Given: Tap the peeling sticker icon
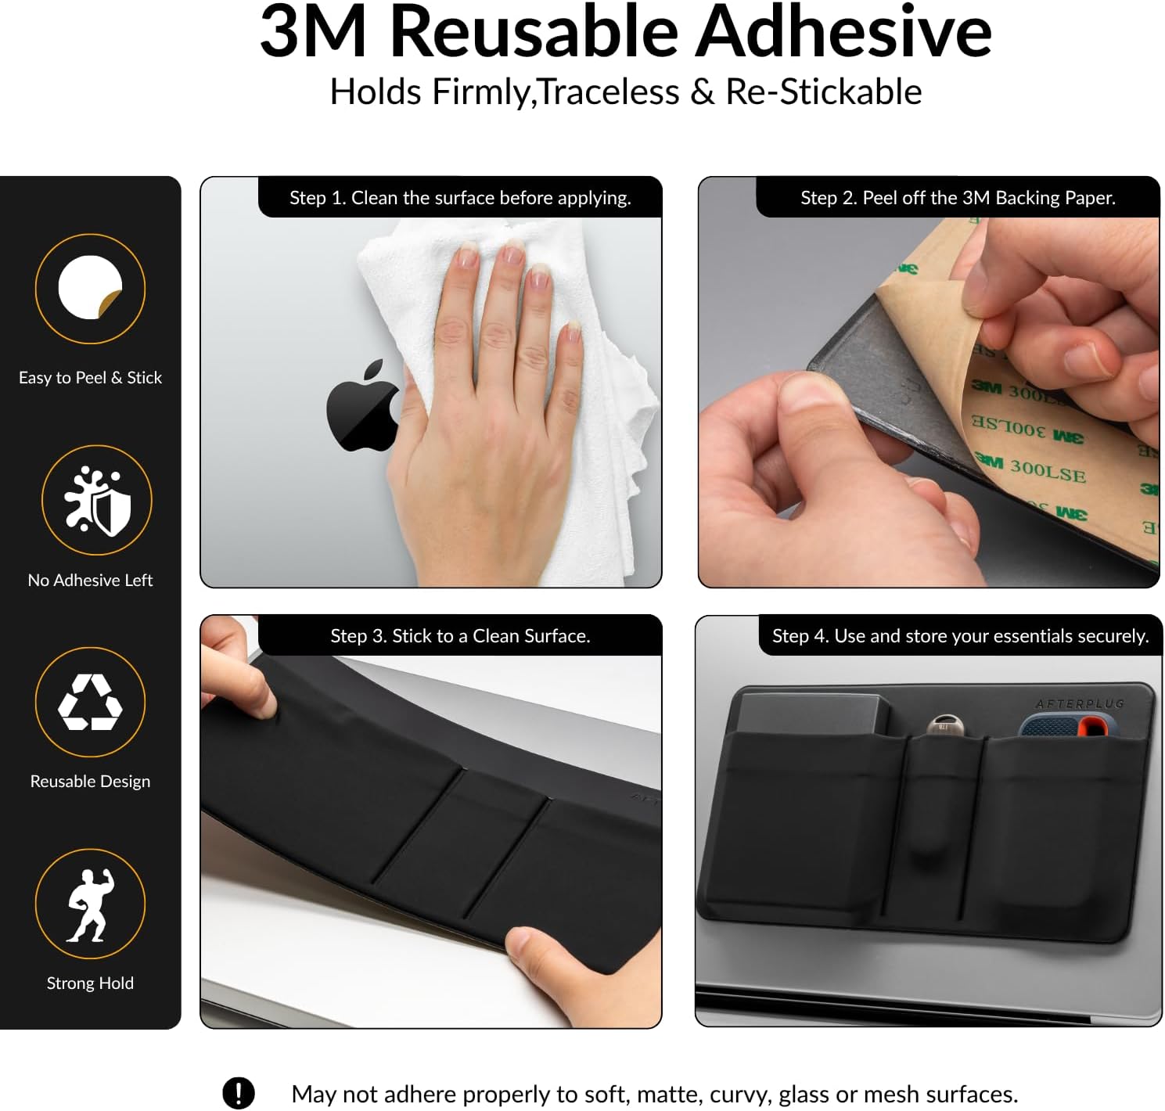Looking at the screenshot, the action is coord(90,287).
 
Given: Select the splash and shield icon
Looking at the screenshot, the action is coord(96,501).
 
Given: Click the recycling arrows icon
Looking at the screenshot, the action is coord(90,702).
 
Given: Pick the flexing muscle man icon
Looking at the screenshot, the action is coord(90,904).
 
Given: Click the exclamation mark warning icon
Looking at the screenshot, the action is coord(238,1093).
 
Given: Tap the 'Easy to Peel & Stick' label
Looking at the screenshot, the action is coord(90,378).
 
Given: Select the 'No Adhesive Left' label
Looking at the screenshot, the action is coord(90,580).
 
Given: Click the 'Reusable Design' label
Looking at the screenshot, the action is coord(90,782).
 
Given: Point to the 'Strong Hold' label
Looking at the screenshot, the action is coord(90,983).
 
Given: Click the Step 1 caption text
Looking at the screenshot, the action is coord(460,198).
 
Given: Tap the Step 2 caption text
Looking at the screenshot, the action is coord(958,198).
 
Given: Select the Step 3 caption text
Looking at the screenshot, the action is coord(460,636).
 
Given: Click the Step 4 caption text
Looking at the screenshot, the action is coord(960,636).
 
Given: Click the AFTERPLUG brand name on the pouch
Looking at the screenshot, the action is coord(1080,704).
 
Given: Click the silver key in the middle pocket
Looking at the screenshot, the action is coord(944,725).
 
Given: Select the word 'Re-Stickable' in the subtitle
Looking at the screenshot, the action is coord(824,92).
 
